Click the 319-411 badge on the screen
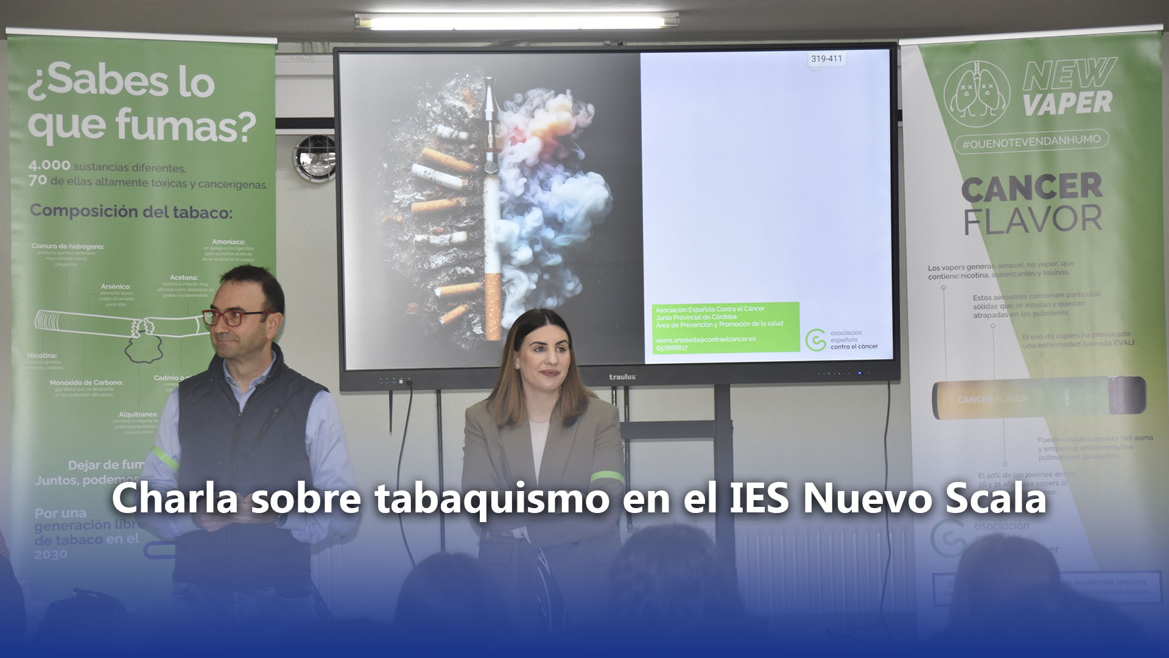pyautogui.click(x=826, y=59)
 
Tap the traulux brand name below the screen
pyautogui.click(x=622, y=377)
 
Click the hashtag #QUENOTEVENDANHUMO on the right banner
pyautogui.click(x=1031, y=141)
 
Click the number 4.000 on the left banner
pyautogui.click(x=49, y=166)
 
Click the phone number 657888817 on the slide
pyautogui.click(x=672, y=348)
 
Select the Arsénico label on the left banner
pyautogui.click(x=116, y=286)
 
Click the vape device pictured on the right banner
pyautogui.click(x=1039, y=398)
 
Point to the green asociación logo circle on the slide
pyautogui.click(x=815, y=341)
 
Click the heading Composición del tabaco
pyautogui.click(x=131, y=212)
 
